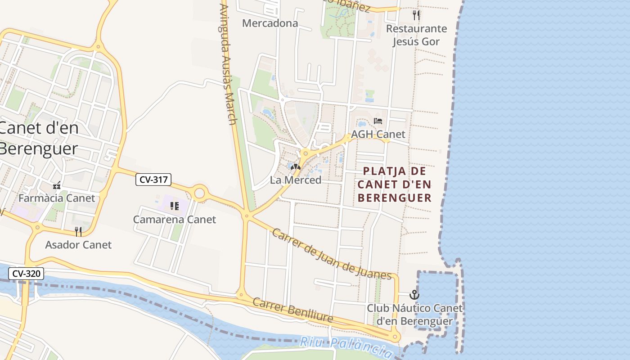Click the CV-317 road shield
153,180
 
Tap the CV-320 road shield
26,273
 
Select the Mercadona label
270,23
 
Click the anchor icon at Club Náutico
414,295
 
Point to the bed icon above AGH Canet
378,121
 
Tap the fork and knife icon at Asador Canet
78,232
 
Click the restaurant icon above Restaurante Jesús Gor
416,15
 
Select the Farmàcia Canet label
57,198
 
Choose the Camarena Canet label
175,220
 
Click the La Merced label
296,180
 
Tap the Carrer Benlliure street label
293,310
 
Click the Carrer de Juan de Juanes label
332,254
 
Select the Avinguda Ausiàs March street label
229,63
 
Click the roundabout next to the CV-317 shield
199,193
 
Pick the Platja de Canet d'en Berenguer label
394,184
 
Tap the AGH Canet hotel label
378,134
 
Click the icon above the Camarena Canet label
175,206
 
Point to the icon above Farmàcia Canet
57,185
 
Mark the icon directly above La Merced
296,167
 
